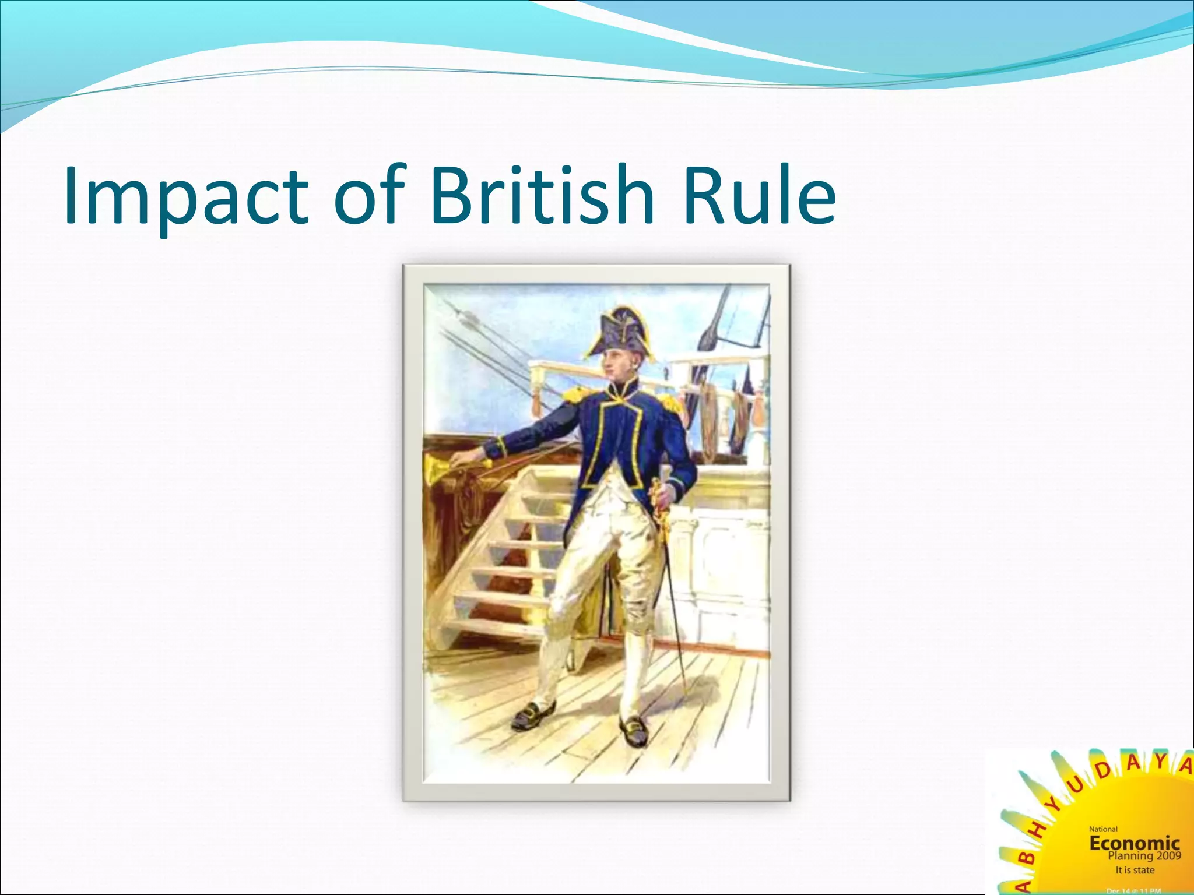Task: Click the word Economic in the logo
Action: [1134, 843]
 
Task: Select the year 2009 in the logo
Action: [1168, 856]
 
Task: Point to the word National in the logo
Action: [1103, 829]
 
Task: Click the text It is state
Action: [1135, 870]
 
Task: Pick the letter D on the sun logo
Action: [1102, 771]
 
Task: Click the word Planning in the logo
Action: [1130, 856]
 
